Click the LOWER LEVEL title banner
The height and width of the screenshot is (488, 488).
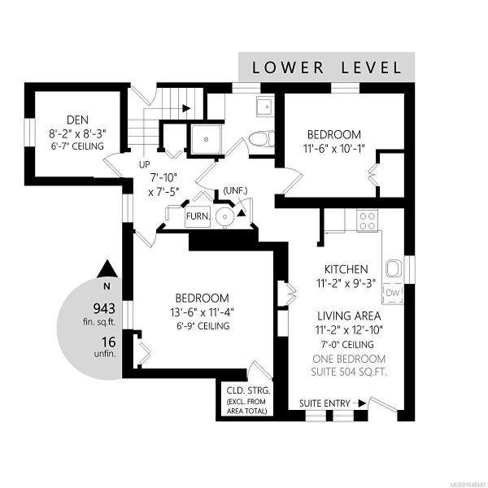[x=326, y=67]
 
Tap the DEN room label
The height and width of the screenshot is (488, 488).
[x=77, y=120]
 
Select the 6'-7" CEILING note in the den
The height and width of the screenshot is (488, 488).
[x=77, y=146]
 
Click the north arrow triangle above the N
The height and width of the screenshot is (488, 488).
[x=107, y=269]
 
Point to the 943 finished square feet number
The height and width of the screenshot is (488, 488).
[x=105, y=309]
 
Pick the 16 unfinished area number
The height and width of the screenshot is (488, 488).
[x=109, y=342]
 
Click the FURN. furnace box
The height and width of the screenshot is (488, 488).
[x=198, y=216]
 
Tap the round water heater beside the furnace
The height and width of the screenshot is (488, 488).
[x=224, y=216]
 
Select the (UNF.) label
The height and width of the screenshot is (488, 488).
[x=235, y=190]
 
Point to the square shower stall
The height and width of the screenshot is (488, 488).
[x=206, y=139]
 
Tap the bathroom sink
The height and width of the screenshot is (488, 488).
[x=265, y=107]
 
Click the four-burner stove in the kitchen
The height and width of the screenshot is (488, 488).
[x=368, y=220]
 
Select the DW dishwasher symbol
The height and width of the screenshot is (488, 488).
[x=393, y=293]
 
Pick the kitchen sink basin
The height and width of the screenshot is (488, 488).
[x=394, y=268]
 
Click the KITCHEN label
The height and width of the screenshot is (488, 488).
[x=346, y=269]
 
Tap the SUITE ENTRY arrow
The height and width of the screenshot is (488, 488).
[x=358, y=403]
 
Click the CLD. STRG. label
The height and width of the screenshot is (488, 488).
[x=248, y=390]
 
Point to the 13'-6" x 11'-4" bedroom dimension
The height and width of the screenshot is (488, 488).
[x=202, y=312]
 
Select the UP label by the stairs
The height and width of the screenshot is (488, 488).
[x=145, y=164]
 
